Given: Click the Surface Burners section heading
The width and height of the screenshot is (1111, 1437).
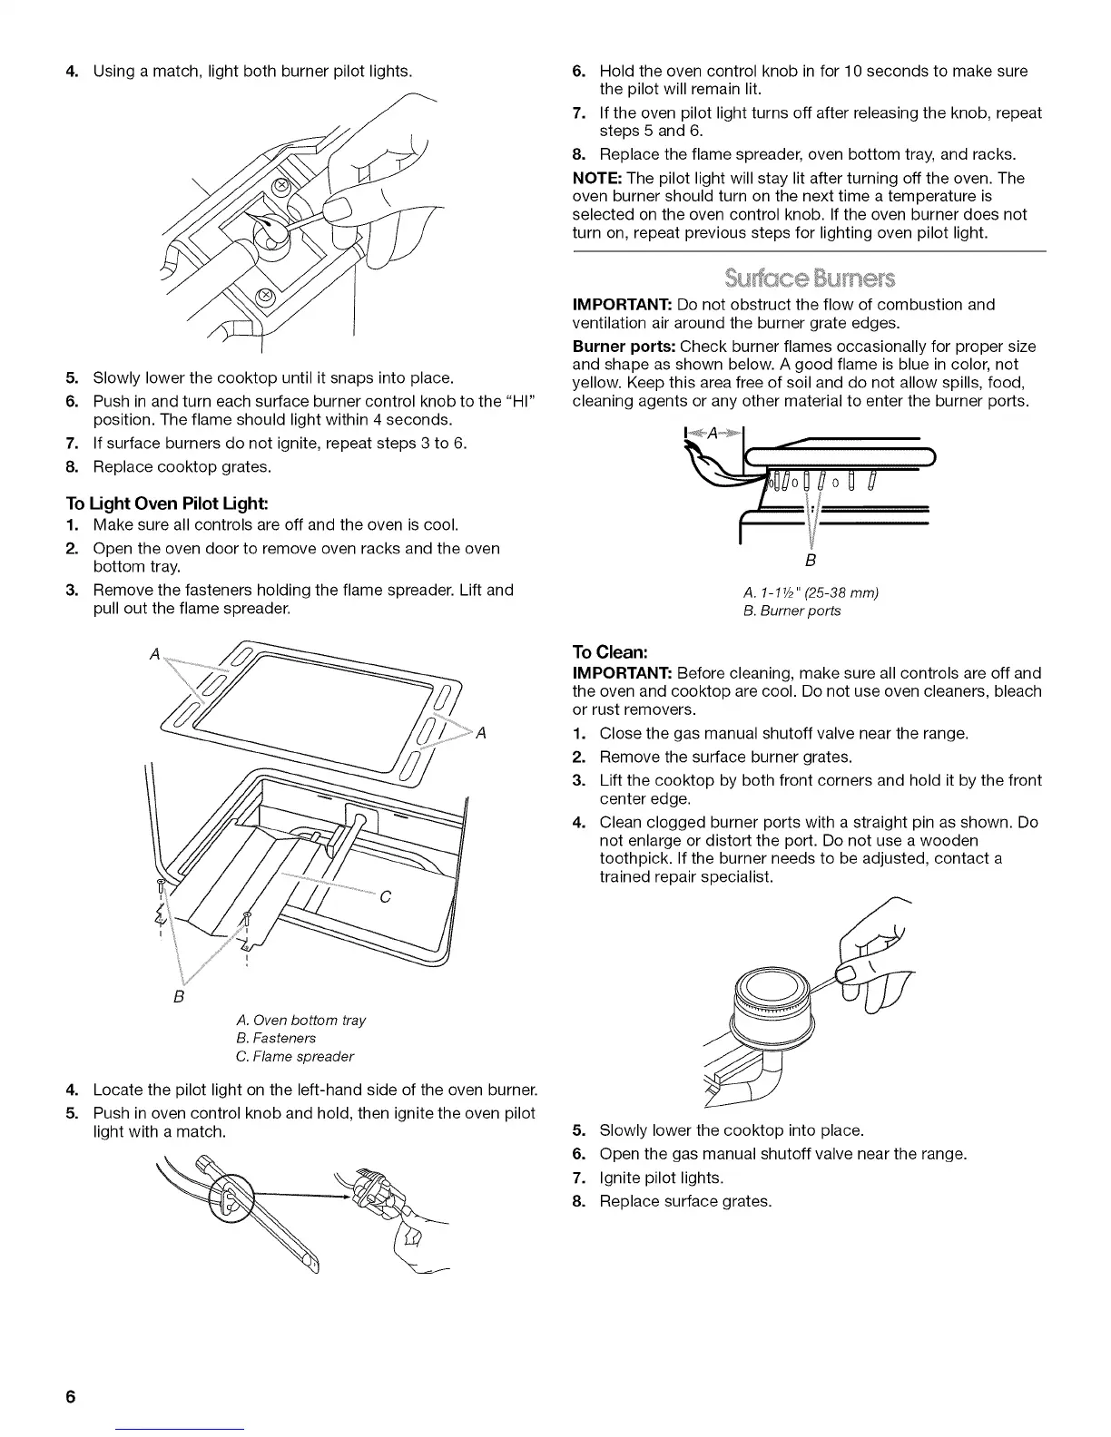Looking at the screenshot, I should (x=809, y=277).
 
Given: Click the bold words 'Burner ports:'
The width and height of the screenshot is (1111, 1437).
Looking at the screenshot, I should (x=624, y=347).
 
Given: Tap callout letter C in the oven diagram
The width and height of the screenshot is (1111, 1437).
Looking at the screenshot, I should (x=385, y=897).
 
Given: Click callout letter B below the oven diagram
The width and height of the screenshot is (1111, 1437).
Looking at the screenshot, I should (x=179, y=997).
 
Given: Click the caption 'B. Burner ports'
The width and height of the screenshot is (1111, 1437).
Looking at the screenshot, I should (x=791, y=611).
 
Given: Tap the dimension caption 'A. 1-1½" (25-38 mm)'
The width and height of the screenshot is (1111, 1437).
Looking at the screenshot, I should (x=811, y=592).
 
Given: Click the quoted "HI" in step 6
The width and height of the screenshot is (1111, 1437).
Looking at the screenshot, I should (x=522, y=401).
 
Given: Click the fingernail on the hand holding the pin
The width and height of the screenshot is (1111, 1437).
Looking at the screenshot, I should (x=847, y=973).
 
